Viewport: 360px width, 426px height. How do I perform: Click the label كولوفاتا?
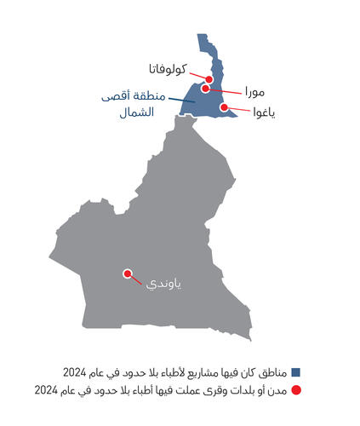[x=173, y=68]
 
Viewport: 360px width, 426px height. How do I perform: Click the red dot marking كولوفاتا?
[x=209, y=80]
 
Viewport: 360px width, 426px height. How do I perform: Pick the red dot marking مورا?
[x=206, y=88]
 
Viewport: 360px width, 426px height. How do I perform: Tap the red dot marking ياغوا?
[x=225, y=107]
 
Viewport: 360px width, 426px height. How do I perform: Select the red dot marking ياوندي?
[x=128, y=273]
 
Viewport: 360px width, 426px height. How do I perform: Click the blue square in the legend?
[x=296, y=372]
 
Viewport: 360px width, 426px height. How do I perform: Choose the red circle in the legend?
[x=296, y=390]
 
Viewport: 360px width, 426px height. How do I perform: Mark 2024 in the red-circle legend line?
[x=48, y=390]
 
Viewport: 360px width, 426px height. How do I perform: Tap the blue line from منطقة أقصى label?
[x=180, y=100]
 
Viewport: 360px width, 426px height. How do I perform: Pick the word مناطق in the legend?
[x=273, y=372]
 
